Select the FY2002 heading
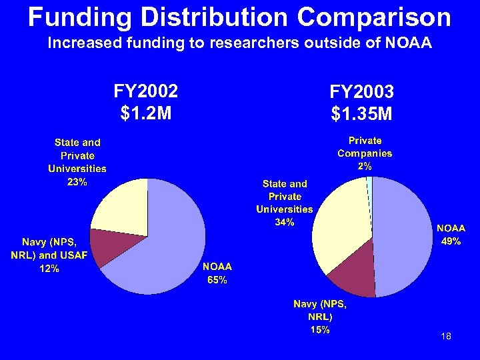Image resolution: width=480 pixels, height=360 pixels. [x=146, y=91]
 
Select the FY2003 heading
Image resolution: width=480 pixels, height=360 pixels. [x=361, y=91]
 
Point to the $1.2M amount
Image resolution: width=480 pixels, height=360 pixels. [x=146, y=113]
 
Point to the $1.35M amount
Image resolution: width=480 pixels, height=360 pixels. [x=361, y=115]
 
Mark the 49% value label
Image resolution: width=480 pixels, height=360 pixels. [x=451, y=241]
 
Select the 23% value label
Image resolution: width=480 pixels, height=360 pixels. [x=77, y=183]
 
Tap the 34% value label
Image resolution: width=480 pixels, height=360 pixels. [x=284, y=222]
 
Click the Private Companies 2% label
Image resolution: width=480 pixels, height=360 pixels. [x=365, y=153]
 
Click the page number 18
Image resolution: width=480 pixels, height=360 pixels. [x=446, y=337]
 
